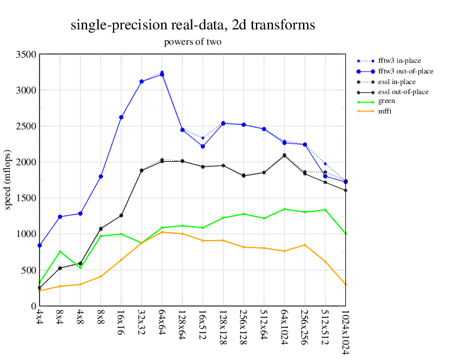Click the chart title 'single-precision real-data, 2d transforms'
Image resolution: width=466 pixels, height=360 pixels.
192,25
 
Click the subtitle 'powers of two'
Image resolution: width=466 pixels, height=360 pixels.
192,42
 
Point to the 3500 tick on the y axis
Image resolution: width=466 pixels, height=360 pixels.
27,55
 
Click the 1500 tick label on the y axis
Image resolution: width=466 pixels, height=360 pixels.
27,198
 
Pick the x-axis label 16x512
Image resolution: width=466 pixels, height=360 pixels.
203,323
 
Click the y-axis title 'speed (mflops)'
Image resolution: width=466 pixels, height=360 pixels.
9,180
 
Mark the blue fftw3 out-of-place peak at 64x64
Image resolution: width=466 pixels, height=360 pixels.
162,75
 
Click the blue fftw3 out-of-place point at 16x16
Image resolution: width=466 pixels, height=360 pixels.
121,117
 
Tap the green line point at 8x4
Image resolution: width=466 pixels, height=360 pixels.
60,252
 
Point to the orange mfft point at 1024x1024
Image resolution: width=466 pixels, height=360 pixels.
345,285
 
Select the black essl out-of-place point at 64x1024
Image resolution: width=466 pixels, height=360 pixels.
284,156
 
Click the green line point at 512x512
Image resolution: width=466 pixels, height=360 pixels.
325,210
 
